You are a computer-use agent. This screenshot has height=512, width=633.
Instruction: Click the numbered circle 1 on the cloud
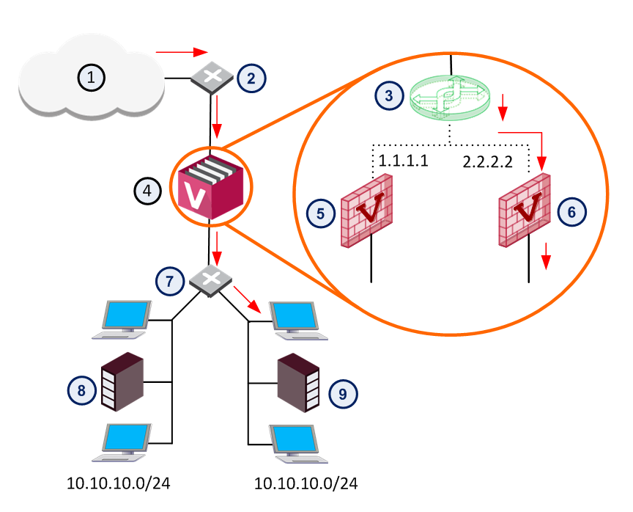[92, 77]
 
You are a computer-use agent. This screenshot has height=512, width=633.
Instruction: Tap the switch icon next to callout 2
[212, 77]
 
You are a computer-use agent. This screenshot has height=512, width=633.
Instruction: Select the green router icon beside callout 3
[450, 98]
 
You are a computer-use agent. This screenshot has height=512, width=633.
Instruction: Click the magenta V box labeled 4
[210, 188]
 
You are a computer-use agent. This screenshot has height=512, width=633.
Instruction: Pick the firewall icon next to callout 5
[366, 211]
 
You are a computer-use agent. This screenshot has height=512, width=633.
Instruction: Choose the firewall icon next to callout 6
[524, 210]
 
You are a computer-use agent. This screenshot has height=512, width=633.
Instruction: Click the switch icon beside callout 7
[211, 280]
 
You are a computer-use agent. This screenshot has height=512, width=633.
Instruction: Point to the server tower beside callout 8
[122, 381]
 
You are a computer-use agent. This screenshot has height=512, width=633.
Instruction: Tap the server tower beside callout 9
[298, 383]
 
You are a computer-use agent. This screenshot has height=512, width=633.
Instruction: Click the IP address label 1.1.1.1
[403, 161]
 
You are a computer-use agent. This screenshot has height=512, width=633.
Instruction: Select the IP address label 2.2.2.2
[488, 162]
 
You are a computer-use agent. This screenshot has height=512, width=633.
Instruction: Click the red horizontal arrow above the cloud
[182, 52]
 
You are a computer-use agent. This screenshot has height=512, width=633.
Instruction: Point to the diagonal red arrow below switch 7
[247, 299]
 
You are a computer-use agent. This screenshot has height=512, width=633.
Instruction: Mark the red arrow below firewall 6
[547, 256]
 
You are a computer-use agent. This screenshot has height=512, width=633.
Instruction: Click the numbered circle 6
[571, 212]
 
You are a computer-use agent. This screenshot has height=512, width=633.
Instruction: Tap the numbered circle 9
[343, 394]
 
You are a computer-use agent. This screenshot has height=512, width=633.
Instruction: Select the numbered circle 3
[389, 96]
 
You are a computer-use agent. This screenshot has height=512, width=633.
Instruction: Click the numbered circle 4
[147, 190]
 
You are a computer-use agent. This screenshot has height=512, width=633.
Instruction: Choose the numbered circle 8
[81, 390]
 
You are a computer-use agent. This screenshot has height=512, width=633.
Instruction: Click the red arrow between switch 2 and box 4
[217, 117]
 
